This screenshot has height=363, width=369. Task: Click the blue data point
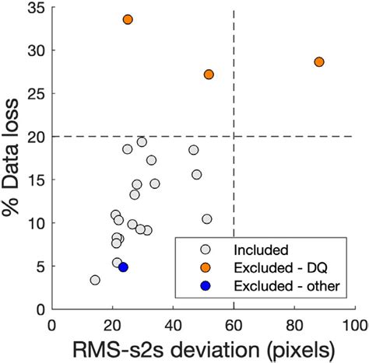pyautogui.click(x=123, y=267)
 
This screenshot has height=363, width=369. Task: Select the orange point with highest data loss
pyautogui.click(x=128, y=19)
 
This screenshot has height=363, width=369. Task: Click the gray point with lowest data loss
pyautogui.click(x=95, y=280)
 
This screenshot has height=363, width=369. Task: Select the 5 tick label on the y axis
pyautogui.click(x=40, y=267)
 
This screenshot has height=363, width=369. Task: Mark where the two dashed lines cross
pyautogui.click(x=234, y=137)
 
